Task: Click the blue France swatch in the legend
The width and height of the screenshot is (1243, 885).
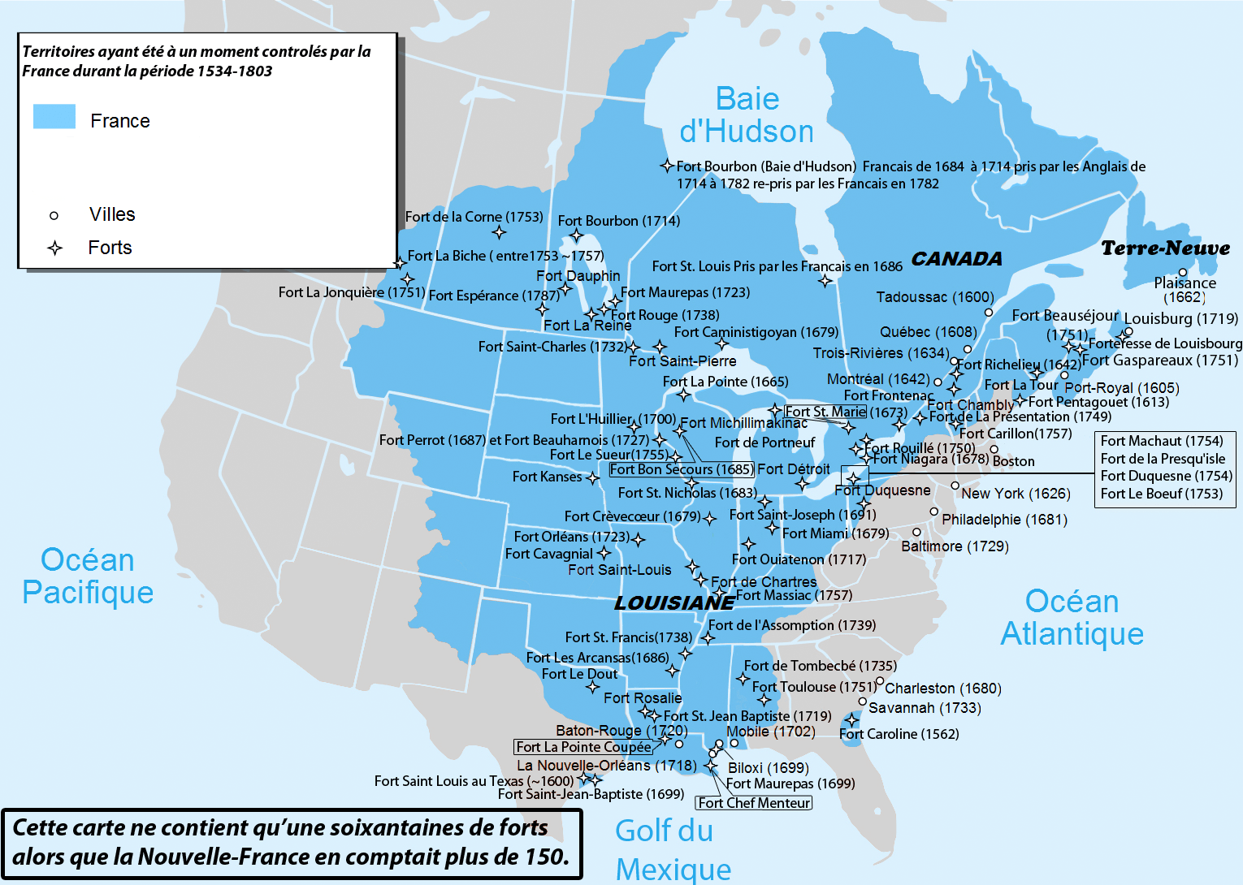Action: (54, 117)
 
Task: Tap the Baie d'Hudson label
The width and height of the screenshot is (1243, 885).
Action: (747, 115)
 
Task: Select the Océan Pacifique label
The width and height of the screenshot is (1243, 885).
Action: (88, 576)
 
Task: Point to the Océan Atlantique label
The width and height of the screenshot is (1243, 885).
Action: (1072, 617)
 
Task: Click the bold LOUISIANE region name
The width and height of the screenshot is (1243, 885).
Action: (673, 603)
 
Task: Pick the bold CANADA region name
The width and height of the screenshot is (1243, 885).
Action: (956, 259)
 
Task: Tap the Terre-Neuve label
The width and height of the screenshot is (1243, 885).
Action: (1165, 248)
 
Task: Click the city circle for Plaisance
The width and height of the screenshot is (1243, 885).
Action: (1183, 273)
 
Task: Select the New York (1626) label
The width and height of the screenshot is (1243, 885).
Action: (1016, 494)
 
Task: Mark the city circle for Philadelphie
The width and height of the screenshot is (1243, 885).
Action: (934, 512)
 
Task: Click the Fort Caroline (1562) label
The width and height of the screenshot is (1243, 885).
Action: (899, 734)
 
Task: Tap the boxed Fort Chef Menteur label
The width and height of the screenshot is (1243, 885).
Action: (754, 803)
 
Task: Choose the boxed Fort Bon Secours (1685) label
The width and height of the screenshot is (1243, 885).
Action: (681, 469)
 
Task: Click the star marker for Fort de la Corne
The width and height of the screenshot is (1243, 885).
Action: (499, 233)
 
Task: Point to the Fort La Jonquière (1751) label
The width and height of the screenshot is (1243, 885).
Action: (351, 292)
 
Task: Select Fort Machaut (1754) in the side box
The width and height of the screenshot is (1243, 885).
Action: (1161, 441)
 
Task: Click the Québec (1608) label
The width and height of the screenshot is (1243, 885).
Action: (928, 332)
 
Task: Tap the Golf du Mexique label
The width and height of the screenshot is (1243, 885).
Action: (673, 849)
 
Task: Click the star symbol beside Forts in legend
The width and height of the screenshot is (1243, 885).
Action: (54, 248)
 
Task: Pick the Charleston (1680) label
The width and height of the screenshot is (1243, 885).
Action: (942, 689)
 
